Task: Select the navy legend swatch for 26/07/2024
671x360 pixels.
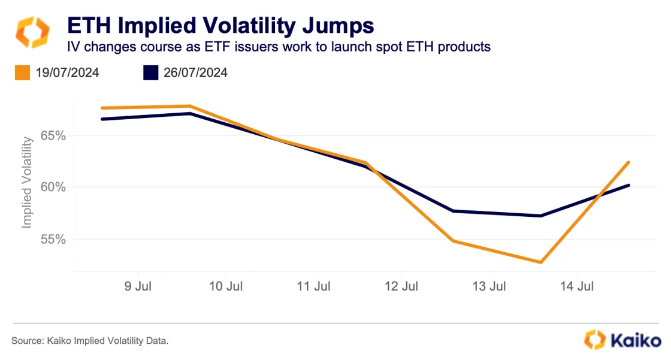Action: click(x=150, y=73)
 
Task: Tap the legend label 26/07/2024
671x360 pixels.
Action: click(x=195, y=73)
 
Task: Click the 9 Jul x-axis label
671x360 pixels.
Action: click(x=138, y=286)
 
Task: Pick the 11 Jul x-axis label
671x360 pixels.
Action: click(x=313, y=286)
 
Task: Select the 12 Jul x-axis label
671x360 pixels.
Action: click(x=401, y=286)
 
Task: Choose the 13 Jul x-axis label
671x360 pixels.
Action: click(x=489, y=286)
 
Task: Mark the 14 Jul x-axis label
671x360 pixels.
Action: click(x=576, y=286)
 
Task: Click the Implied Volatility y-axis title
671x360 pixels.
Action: click(x=26, y=183)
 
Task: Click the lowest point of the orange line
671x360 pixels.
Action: click(x=541, y=262)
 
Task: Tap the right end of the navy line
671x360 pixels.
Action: click(x=628, y=185)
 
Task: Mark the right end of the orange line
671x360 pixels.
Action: click(x=628, y=162)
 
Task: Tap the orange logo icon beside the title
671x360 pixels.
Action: click(x=32, y=32)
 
